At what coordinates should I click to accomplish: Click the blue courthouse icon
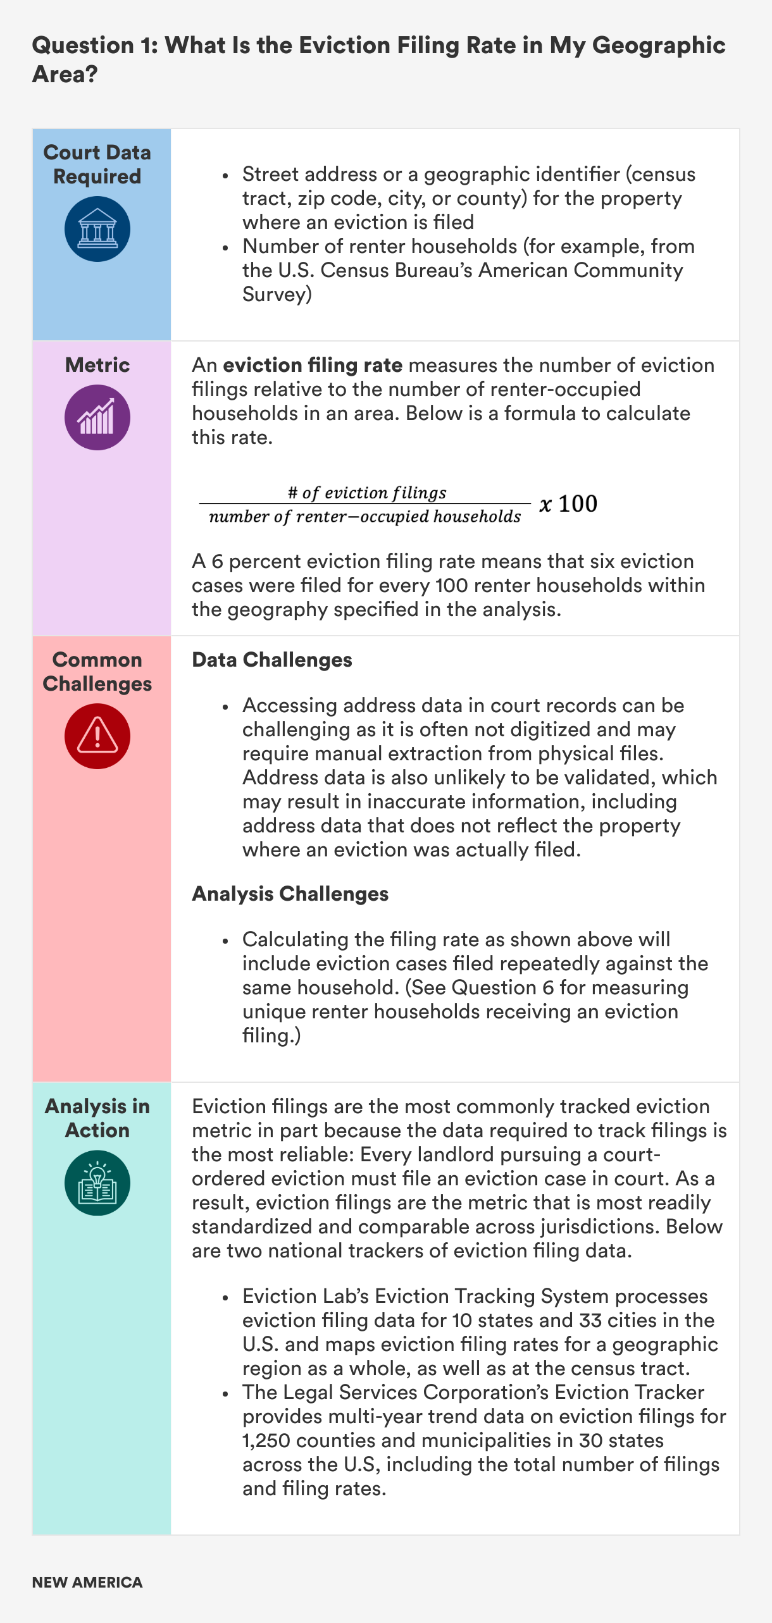pyautogui.click(x=97, y=229)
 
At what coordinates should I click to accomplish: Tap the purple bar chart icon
pyautogui.click(x=97, y=417)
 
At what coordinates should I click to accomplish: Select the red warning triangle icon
pyautogui.click(x=97, y=736)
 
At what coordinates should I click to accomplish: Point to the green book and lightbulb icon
pyautogui.click(x=97, y=1183)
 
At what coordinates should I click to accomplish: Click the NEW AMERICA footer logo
pyautogui.click(x=87, y=1583)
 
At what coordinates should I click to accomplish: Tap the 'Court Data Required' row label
pyautogui.click(x=97, y=164)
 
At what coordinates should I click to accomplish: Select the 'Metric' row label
pyautogui.click(x=97, y=365)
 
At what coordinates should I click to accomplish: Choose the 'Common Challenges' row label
pyautogui.click(x=97, y=672)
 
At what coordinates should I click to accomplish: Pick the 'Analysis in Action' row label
pyautogui.click(x=97, y=1118)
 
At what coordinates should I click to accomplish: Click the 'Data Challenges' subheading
pyautogui.click(x=272, y=660)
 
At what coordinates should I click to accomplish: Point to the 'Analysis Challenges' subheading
pyautogui.click(x=290, y=894)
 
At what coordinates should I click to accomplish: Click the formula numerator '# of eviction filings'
pyautogui.click(x=367, y=493)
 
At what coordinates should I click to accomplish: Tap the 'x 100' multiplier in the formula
pyautogui.click(x=568, y=504)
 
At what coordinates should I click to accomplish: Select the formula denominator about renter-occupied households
pyautogui.click(x=365, y=517)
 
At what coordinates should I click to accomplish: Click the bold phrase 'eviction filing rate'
pyautogui.click(x=313, y=365)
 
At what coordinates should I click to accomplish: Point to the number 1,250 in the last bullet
pyautogui.click(x=266, y=1440)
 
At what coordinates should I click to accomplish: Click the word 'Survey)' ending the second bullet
pyautogui.click(x=277, y=294)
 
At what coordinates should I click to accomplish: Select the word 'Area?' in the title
pyautogui.click(x=65, y=75)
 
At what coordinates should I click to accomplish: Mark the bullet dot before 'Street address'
pyautogui.click(x=225, y=175)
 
